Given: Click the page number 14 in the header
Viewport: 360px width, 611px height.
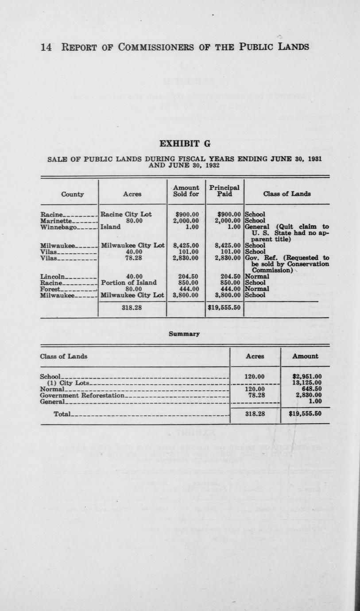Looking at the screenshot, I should coord(46,46).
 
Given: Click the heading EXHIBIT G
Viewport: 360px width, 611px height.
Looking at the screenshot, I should coord(185,144).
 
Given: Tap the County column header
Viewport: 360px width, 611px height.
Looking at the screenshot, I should coord(73,194).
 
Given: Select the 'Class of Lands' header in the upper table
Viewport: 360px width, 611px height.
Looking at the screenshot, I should coord(287,194).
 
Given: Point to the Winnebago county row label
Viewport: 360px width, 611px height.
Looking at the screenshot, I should coord(58,227).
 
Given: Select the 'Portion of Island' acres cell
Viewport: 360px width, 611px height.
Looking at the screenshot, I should coord(129,282).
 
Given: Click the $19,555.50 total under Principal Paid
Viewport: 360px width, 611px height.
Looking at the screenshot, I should coord(224,307).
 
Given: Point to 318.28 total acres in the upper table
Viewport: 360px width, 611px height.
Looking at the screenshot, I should coord(132,307).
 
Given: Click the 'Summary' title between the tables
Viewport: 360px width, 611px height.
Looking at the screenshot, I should coord(184,334).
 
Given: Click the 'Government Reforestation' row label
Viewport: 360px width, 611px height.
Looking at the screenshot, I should coord(82,395).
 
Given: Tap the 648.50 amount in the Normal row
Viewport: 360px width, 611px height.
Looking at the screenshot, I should coord(309,389).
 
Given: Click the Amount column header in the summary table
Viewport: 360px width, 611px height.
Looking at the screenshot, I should coord(305,356).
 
